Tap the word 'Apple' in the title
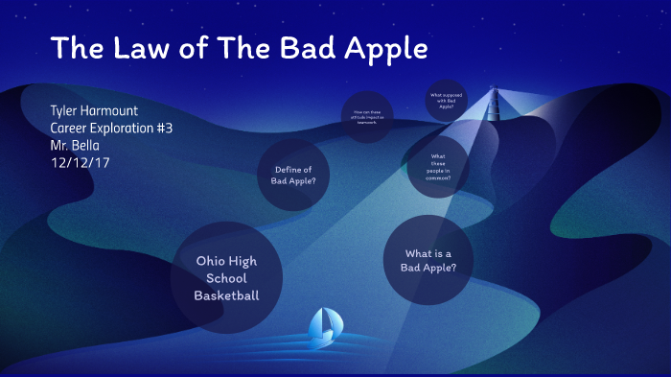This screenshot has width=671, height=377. (x=384, y=49)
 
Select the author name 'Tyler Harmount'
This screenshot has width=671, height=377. (x=94, y=111)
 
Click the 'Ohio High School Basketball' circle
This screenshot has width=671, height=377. (x=226, y=278)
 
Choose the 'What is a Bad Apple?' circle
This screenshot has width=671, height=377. (x=428, y=260)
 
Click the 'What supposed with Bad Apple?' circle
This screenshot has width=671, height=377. (x=447, y=101)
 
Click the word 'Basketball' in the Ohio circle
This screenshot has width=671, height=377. (x=226, y=295)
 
